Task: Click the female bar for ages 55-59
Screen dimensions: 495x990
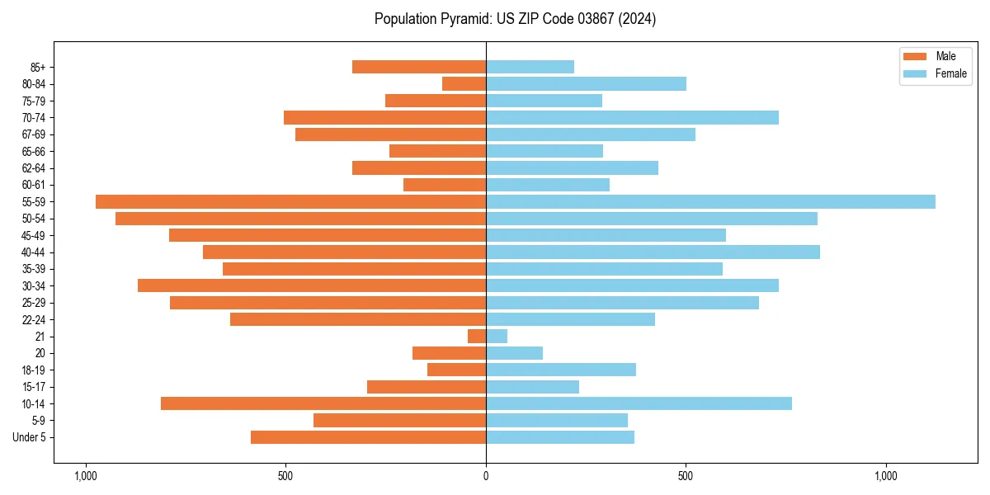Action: point(710,201)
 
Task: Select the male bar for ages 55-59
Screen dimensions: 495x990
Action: point(290,201)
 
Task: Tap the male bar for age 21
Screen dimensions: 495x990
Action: point(477,336)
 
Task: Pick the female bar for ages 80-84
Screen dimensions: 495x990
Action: point(586,83)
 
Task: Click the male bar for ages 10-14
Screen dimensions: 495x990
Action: point(323,403)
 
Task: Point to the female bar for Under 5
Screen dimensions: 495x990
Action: point(560,437)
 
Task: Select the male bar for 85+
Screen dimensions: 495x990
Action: point(419,67)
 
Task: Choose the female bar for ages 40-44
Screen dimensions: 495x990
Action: point(653,252)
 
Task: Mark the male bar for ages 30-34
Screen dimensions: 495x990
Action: point(312,285)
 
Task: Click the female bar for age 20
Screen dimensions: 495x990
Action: point(514,353)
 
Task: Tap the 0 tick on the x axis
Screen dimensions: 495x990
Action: point(486,476)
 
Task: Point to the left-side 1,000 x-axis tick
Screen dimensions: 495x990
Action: point(86,476)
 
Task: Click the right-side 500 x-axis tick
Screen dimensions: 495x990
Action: point(686,476)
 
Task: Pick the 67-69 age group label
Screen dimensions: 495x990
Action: point(34,134)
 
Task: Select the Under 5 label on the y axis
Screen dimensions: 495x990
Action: point(29,437)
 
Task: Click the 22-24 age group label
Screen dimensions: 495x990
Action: point(34,319)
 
